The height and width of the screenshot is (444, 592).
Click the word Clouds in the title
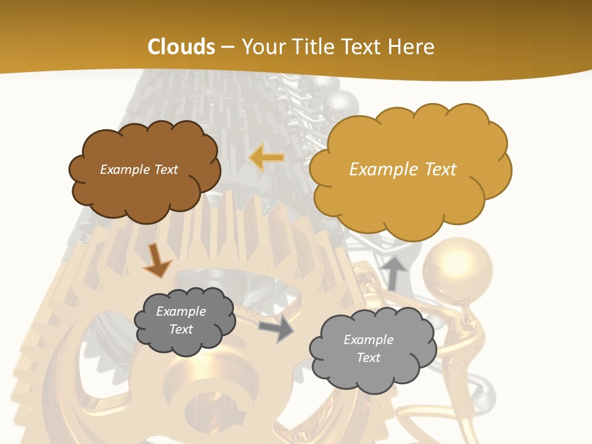(x=181, y=47)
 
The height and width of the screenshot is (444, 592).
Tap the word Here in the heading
(x=413, y=47)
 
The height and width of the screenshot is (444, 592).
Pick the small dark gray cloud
(x=184, y=321)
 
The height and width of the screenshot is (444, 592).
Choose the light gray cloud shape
(x=368, y=349)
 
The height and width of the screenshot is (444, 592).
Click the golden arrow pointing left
(x=266, y=158)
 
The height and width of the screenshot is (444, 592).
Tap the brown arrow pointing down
(x=157, y=260)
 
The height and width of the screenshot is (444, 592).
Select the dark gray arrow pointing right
(x=276, y=329)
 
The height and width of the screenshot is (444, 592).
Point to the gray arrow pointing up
(x=395, y=273)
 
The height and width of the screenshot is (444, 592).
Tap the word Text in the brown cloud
(x=165, y=170)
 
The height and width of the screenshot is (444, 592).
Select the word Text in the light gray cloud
(x=368, y=358)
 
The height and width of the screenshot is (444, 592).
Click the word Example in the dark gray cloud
(x=181, y=311)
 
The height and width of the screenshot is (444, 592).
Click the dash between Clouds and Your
(x=228, y=47)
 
